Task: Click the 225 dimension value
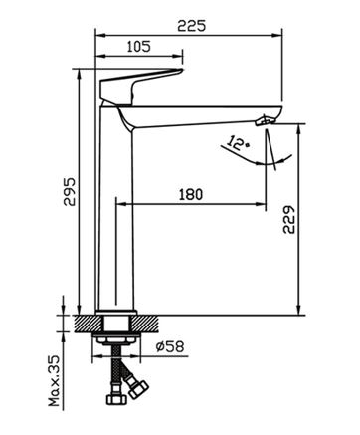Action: pyautogui.click(x=191, y=26)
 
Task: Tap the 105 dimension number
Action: pyautogui.click(x=139, y=47)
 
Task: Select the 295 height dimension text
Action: pyautogui.click(x=70, y=192)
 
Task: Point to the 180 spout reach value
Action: pyautogui.click(x=191, y=194)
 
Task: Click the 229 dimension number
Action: pyautogui.click(x=289, y=220)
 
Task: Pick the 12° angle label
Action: pyautogui.click(x=238, y=143)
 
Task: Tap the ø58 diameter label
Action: pyautogui.click(x=169, y=346)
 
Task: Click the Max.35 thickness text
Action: pyautogui.click(x=54, y=380)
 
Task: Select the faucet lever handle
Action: pyautogui.click(x=139, y=86)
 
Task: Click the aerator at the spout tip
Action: pyautogui.click(x=265, y=120)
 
